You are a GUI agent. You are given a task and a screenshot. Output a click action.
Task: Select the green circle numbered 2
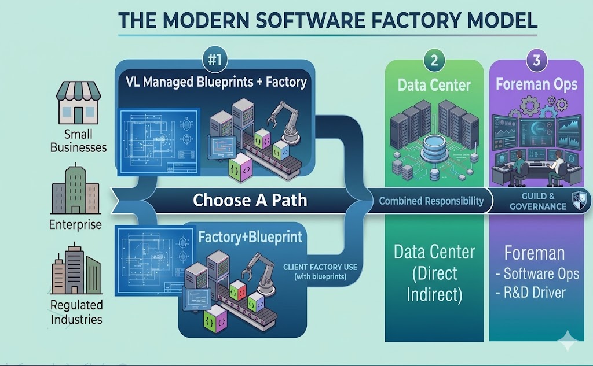434,60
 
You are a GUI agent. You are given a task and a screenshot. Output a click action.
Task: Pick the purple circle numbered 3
536,60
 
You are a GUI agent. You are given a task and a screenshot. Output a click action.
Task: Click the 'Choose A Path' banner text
250,200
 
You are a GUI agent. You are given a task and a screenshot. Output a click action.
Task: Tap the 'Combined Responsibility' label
431,201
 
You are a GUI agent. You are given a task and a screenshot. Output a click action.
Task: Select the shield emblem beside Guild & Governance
580,200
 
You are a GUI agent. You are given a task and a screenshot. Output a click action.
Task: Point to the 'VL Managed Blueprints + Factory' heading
216,82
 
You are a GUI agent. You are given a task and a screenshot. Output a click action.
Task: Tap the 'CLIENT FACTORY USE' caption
320,267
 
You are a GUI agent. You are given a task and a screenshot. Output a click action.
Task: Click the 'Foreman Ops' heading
536,84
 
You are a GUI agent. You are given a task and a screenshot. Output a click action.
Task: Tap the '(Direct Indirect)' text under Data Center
434,284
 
